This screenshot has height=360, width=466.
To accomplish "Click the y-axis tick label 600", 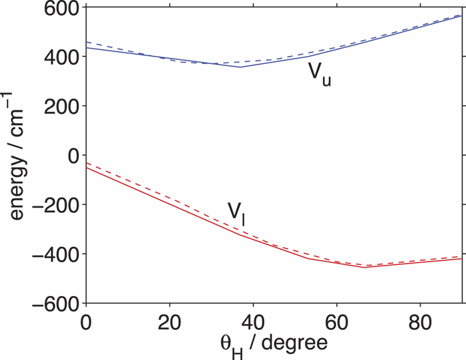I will click(x=61, y=9).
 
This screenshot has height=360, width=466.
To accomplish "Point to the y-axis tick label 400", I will click(x=61, y=57).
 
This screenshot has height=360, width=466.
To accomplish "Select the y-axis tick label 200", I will click(x=61, y=106).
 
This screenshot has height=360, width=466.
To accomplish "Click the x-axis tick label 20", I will click(x=169, y=319).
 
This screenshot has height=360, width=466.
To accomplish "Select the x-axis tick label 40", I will click(x=253, y=319).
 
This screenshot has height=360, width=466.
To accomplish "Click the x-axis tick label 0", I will click(x=86, y=319).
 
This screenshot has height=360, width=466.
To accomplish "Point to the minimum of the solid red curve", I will click(x=364, y=267).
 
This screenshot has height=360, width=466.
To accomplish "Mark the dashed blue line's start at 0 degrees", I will click(x=87, y=42).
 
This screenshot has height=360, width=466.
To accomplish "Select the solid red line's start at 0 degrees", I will click(x=87, y=168).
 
